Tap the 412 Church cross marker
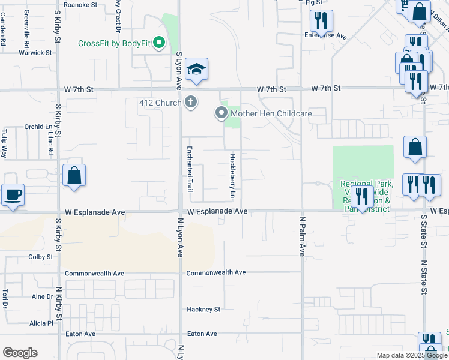point(191,103)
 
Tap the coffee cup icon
point(13,194)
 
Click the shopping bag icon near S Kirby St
point(74,175)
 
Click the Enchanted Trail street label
point(190,169)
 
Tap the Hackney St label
point(204,310)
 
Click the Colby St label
point(41,257)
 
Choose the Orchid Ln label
point(39,127)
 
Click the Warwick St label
point(35,53)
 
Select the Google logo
point(20,353)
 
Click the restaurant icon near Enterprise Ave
point(321,22)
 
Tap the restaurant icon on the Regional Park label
point(361,196)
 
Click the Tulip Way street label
point(4,143)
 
